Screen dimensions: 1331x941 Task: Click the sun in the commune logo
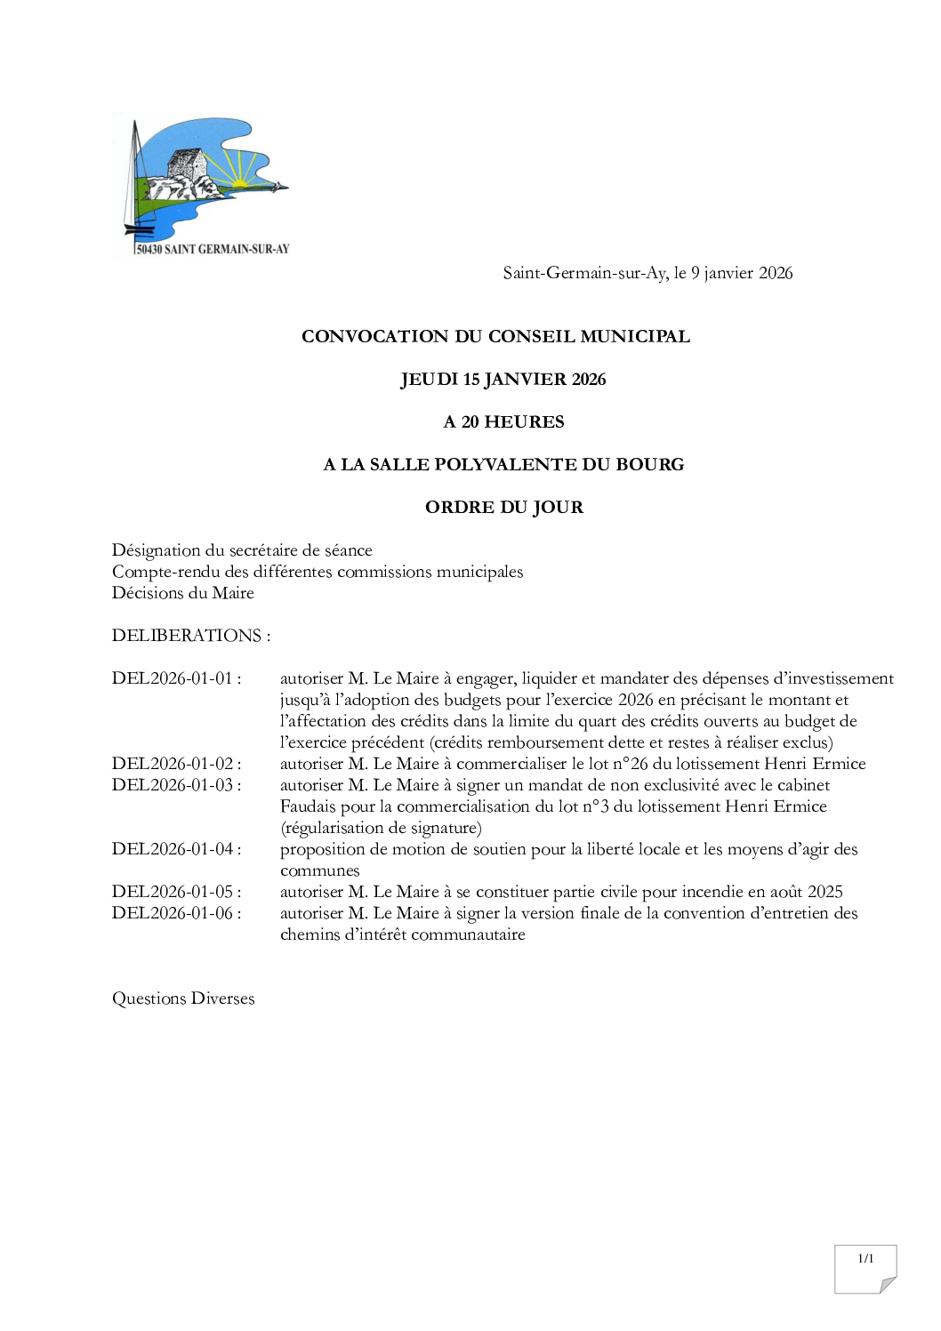[240, 184]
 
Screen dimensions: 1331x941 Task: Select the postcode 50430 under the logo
[149, 250]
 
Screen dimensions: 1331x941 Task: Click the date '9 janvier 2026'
[741, 274]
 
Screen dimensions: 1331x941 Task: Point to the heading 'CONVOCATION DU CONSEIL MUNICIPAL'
[495, 337]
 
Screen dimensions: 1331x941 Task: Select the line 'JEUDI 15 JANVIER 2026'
[503, 380]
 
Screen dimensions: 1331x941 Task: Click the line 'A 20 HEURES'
[503, 422]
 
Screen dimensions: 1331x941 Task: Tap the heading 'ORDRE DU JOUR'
[503, 508]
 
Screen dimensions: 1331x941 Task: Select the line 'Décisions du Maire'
[182, 593]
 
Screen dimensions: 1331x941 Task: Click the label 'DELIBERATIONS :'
[190, 636]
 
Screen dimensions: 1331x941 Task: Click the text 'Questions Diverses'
[182, 998]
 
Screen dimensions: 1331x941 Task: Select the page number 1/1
[865, 1258]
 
